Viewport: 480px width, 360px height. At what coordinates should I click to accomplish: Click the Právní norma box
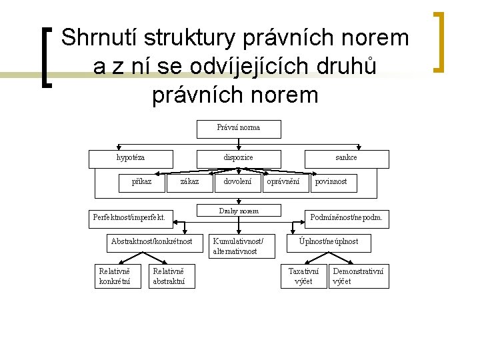click(x=239, y=128)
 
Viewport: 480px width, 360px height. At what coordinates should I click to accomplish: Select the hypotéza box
click(x=131, y=158)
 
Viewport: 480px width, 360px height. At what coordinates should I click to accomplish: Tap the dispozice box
click(x=238, y=158)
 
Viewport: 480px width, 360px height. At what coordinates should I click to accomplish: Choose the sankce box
click(x=345, y=158)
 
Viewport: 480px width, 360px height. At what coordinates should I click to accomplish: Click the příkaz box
click(x=141, y=182)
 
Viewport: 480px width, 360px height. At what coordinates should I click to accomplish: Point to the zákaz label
click(x=189, y=181)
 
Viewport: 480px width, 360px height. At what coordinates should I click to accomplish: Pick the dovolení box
click(x=238, y=182)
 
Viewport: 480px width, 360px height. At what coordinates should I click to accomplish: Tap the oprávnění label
click(x=283, y=181)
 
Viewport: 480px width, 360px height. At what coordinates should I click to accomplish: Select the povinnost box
click(x=331, y=182)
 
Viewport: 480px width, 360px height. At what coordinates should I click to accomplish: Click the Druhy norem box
click(x=239, y=211)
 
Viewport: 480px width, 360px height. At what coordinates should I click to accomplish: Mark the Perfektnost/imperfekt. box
click(x=129, y=217)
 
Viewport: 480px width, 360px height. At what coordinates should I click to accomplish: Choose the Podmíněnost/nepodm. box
click(x=347, y=217)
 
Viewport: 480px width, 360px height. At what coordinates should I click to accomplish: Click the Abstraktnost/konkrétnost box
click(x=151, y=241)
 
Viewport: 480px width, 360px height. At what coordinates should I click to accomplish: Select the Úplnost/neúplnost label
click(x=328, y=241)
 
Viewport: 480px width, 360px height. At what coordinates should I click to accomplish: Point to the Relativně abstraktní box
click(x=173, y=276)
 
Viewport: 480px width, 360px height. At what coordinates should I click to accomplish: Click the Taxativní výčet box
click(x=303, y=276)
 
